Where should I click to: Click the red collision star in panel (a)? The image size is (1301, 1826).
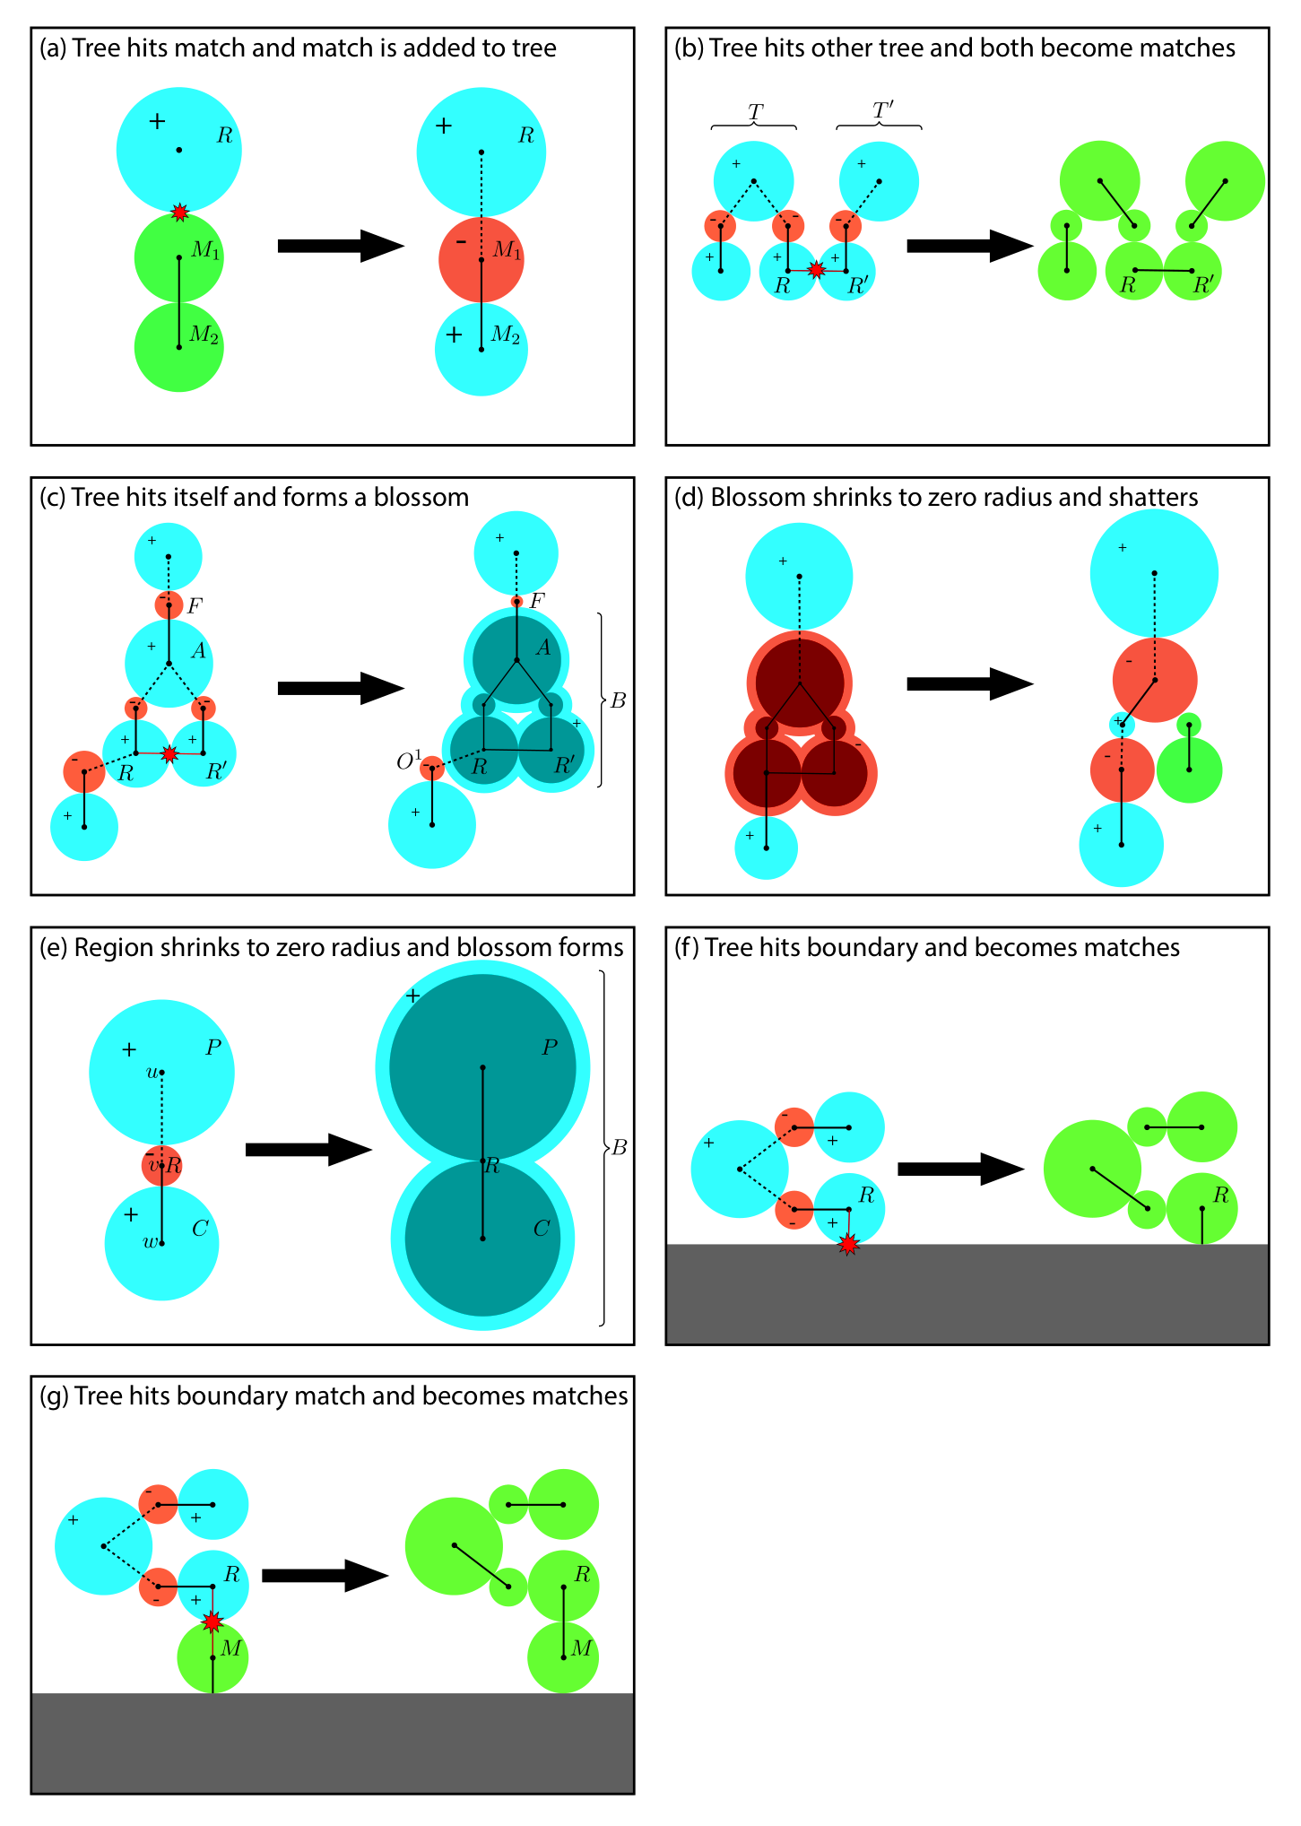(179, 213)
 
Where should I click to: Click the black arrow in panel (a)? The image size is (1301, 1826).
(341, 246)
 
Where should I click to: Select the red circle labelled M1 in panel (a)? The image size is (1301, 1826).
(481, 260)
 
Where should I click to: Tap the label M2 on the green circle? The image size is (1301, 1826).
(204, 335)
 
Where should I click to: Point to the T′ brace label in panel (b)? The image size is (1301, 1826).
(882, 110)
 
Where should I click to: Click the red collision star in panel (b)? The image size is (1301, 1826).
(816, 269)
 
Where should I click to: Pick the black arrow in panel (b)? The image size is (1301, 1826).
(970, 246)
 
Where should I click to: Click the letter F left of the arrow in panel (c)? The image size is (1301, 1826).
(194, 606)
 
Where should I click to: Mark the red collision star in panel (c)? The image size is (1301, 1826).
(169, 753)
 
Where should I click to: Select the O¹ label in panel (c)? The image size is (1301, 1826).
(409, 761)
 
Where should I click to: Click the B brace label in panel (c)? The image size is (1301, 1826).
(618, 700)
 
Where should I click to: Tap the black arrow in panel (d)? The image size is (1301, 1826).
(970, 683)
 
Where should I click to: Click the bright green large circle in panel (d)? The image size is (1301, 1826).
(1189, 770)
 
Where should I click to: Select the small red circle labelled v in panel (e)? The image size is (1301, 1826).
(162, 1165)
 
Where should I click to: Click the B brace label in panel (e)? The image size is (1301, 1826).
(619, 1147)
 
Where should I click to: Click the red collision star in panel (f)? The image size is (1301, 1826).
(848, 1244)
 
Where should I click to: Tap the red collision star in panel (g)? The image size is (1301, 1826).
(212, 1622)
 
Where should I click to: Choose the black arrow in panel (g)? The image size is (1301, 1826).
(325, 1575)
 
